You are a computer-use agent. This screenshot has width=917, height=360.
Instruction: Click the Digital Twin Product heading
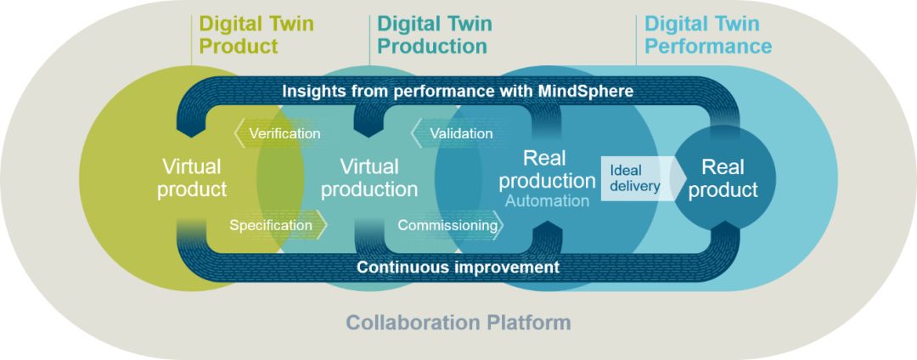[x=256, y=35]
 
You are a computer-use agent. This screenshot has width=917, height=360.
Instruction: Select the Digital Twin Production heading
[x=435, y=35]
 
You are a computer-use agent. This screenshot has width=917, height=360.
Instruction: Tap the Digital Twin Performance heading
[x=707, y=35]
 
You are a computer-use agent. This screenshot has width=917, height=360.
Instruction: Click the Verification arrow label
[x=284, y=133]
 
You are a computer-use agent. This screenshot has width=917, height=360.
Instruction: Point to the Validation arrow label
[x=461, y=133]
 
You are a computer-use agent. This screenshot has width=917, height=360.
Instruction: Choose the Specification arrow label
[x=271, y=225]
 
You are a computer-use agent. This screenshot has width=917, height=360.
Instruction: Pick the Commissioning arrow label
[x=448, y=225]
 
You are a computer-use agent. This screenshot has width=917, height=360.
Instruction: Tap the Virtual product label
[x=192, y=178]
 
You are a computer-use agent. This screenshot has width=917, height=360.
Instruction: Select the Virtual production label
[x=369, y=178]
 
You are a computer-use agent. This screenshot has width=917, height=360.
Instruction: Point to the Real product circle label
[x=723, y=178]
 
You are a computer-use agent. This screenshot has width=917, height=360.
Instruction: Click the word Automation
[x=547, y=201]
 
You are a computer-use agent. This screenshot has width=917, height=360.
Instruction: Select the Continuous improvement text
[x=458, y=267]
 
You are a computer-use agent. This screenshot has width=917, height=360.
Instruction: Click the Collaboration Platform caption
[x=458, y=322]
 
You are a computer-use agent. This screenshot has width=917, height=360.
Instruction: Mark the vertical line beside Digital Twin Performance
[x=636, y=40]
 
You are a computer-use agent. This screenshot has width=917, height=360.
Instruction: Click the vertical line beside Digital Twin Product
[x=192, y=40]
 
